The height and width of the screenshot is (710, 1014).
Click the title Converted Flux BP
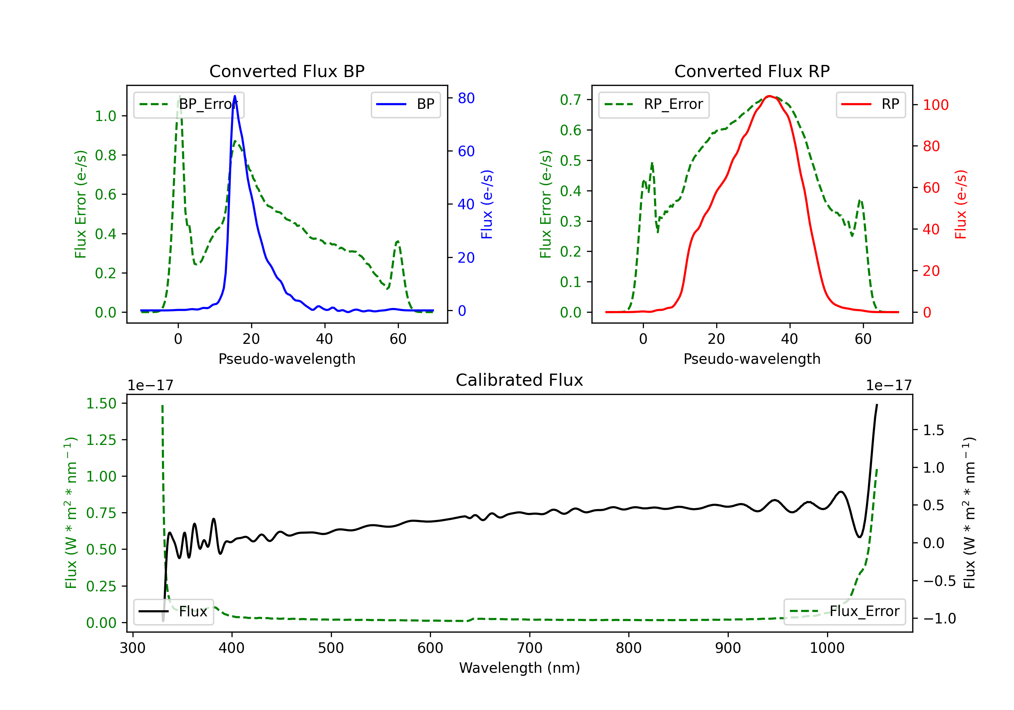click(287, 71)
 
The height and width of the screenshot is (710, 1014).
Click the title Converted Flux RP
click(752, 71)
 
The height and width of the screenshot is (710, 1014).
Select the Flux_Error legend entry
click(844, 612)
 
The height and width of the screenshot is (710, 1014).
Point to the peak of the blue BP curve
click(235, 96)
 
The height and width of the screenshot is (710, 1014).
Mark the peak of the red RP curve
click(769, 96)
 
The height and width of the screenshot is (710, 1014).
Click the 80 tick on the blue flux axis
click(466, 98)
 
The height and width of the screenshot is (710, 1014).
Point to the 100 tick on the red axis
click(935, 105)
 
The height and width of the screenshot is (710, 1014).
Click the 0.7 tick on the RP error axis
click(570, 100)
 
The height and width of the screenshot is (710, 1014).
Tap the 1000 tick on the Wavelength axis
click(827, 648)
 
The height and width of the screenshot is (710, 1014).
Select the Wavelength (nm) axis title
click(520, 668)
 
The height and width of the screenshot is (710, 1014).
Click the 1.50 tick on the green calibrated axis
click(101, 403)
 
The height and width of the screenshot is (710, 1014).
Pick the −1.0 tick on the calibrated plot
click(939, 618)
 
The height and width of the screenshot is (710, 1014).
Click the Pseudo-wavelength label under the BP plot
click(287, 359)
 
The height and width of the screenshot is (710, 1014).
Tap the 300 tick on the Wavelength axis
click(132, 648)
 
